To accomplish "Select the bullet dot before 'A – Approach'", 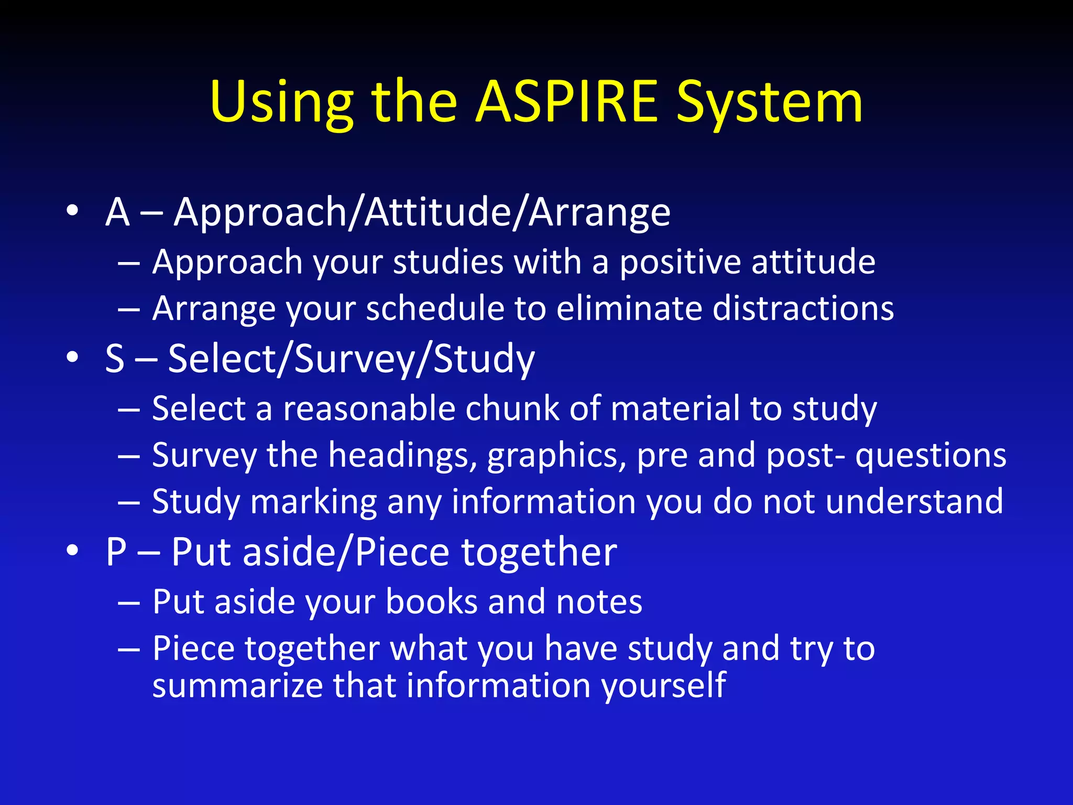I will pyautogui.click(x=72, y=211).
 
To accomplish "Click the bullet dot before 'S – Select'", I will pyautogui.click(x=72, y=358).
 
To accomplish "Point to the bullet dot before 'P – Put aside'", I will pyautogui.click(x=72, y=551).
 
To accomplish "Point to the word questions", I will pyautogui.click(x=930, y=455).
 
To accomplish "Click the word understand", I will pyautogui.click(x=914, y=502).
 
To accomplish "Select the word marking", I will pyautogui.click(x=313, y=502).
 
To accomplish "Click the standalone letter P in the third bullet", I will pyautogui.click(x=116, y=551).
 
